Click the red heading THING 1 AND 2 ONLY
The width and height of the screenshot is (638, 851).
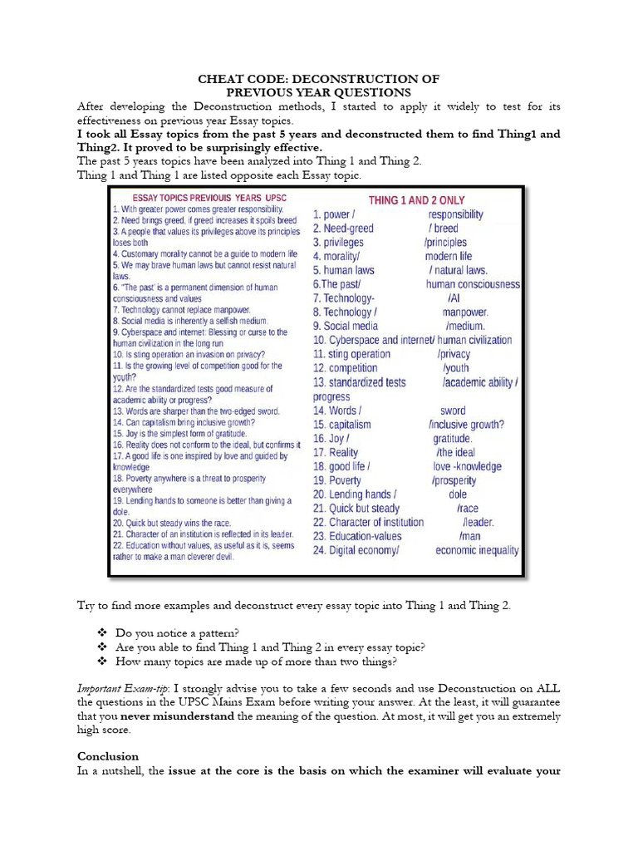click(416, 200)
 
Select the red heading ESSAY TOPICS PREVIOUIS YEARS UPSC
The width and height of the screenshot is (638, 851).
click(198, 199)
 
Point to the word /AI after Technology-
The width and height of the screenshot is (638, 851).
click(453, 298)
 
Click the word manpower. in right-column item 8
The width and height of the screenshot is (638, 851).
click(465, 312)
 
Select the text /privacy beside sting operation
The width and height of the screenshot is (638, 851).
click(454, 354)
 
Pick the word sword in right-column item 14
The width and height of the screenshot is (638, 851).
click(453, 411)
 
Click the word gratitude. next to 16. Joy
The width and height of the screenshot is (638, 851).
click(453, 439)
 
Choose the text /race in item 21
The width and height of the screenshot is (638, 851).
click(468, 509)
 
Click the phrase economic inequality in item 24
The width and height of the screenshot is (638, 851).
click(477, 550)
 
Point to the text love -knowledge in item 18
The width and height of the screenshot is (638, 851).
click(467, 466)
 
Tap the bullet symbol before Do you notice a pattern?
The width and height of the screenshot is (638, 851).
click(101, 632)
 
